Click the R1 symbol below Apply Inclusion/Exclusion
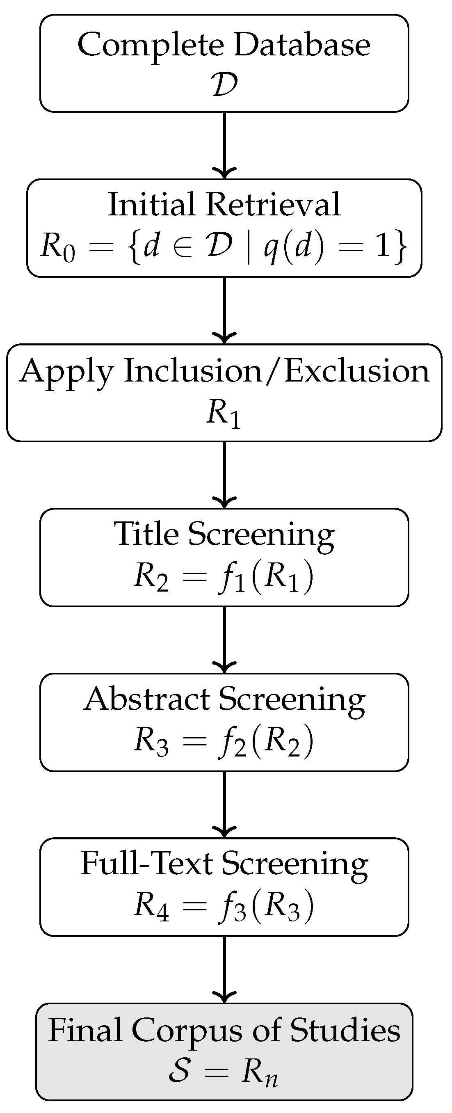point(223,413)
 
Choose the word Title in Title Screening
point(146,534)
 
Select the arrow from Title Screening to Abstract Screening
point(224,640)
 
